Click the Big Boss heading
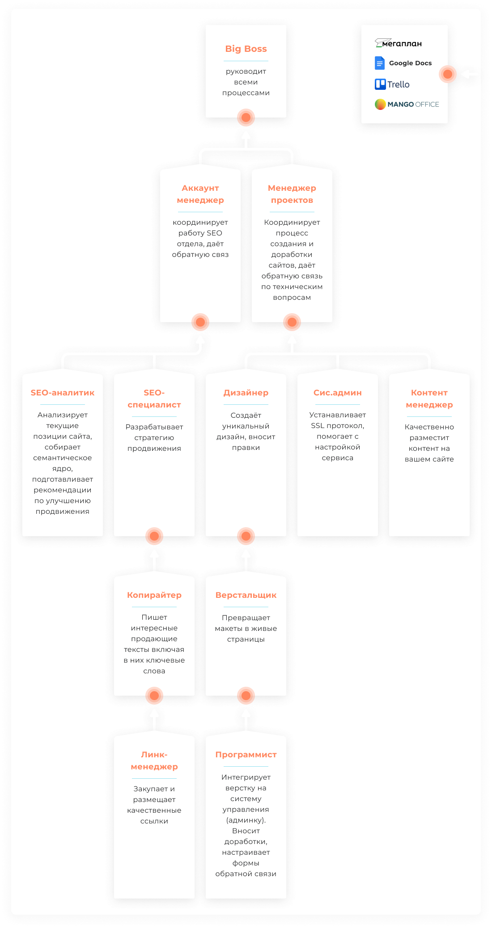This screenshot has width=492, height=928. point(246,49)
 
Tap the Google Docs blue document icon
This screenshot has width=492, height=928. point(380,63)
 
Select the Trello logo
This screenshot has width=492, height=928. point(392,84)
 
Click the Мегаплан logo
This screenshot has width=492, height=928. point(398,43)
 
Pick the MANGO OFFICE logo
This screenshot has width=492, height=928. point(407,104)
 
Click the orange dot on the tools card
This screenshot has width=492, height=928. point(447,74)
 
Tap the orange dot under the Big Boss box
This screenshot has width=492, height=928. point(246,118)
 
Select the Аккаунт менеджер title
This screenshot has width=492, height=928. point(200,194)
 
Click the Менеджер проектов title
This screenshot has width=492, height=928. point(292,194)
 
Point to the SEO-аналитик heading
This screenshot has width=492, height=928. point(63,393)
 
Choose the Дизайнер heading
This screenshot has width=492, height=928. point(246,393)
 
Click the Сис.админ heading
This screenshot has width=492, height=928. point(338,393)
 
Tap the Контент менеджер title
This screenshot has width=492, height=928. point(429,399)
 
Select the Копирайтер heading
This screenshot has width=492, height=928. point(154,595)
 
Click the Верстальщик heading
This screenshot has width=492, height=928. point(246,595)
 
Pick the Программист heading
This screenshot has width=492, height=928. point(246,755)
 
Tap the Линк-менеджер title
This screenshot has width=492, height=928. point(154,760)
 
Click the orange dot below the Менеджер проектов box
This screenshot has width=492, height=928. point(292,322)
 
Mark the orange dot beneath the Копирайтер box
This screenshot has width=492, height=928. point(154,695)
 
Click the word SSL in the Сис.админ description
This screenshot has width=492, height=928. point(318,426)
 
